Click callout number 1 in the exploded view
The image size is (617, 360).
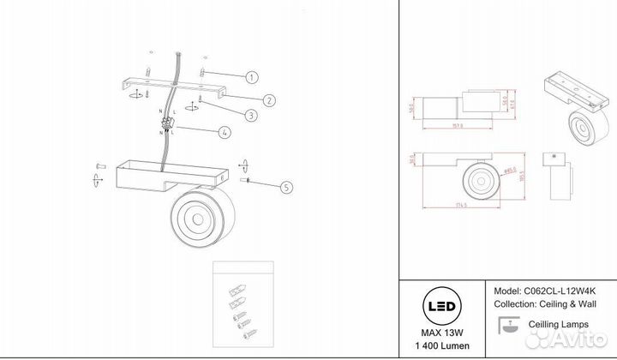(251, 77)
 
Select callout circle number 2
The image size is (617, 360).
(268, 100)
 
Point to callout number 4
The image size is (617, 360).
(224, 133)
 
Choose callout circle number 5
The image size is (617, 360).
(285, 186)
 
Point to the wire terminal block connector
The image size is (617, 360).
(167, 129)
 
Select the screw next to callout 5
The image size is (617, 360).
(248, 181)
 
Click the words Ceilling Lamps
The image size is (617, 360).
(558, 325)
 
